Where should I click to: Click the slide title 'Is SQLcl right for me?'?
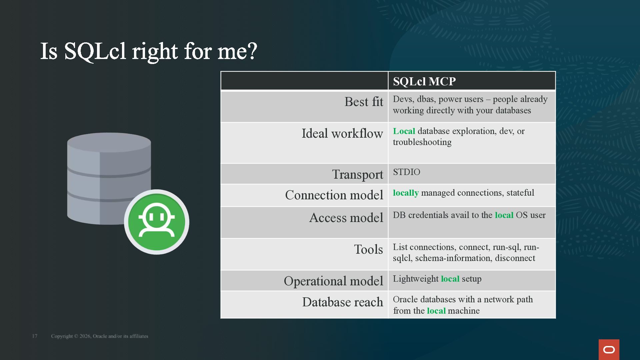coord(149,52)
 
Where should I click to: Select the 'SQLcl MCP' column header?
coord(424,81)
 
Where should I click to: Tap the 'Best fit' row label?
coord(364,102)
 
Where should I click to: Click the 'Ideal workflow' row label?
coord(342,133)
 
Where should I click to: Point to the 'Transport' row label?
coord(358,174)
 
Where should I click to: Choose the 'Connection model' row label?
coord(334,195)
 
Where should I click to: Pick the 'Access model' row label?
coord(346,218)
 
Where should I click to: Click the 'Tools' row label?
coord(369,249)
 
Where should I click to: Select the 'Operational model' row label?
coord(334,281)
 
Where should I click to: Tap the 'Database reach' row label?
coord(343,302)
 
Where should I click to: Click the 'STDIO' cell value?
coord(407,172)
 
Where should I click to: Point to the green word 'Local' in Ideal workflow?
coord(404,131)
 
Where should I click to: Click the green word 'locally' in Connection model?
coord(406,193)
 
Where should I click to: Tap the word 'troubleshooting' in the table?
coord(422,142)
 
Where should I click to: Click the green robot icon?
coord(157,222)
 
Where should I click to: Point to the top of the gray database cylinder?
coord(109,142)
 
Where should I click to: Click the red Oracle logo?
coord(609,350)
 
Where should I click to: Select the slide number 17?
coord(35,336)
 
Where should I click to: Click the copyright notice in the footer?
coord(100,336)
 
